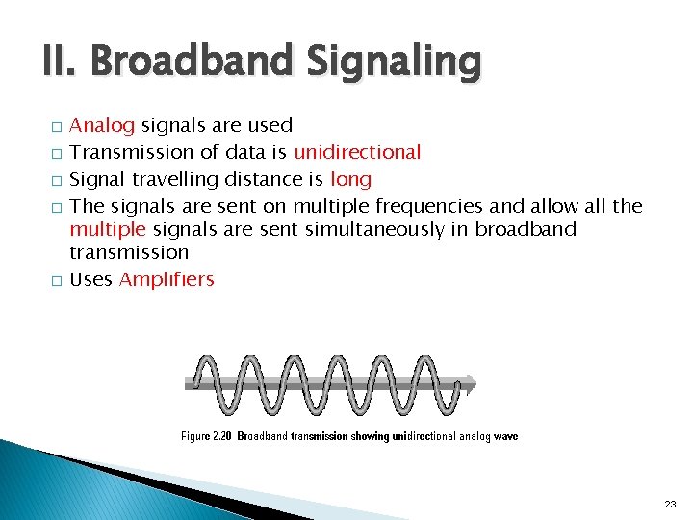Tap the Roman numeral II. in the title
pos(64,63)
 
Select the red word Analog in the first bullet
pos(103,125)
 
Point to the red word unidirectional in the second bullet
pos(357,152)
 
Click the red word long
pos(350,179)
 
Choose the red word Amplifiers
pos(167,279)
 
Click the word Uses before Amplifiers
pos(92,279)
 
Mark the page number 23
pos(670,504)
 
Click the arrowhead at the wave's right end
pos(470,381)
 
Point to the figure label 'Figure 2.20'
pos(207,436)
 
